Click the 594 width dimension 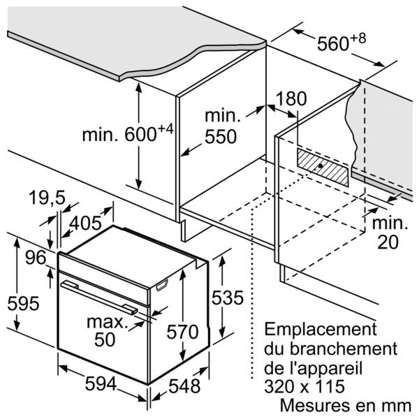(101, 384)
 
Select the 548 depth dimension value (184, 386)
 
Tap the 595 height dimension (23, 304)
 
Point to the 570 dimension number (182, 332)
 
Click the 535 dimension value (228, 297)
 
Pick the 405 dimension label (85, 223)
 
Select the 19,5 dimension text (47, 198)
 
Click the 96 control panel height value (36, 258)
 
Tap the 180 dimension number (291, 98)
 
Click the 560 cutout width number (332, 43)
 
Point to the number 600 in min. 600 (140, 134)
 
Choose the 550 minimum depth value (221, 137)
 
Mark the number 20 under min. (388, 242)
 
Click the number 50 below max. (105, 339)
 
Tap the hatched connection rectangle (323, 168)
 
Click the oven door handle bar (99, 297)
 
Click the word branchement (344, 348)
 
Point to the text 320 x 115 (304, 386)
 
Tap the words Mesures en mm (346, 405)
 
